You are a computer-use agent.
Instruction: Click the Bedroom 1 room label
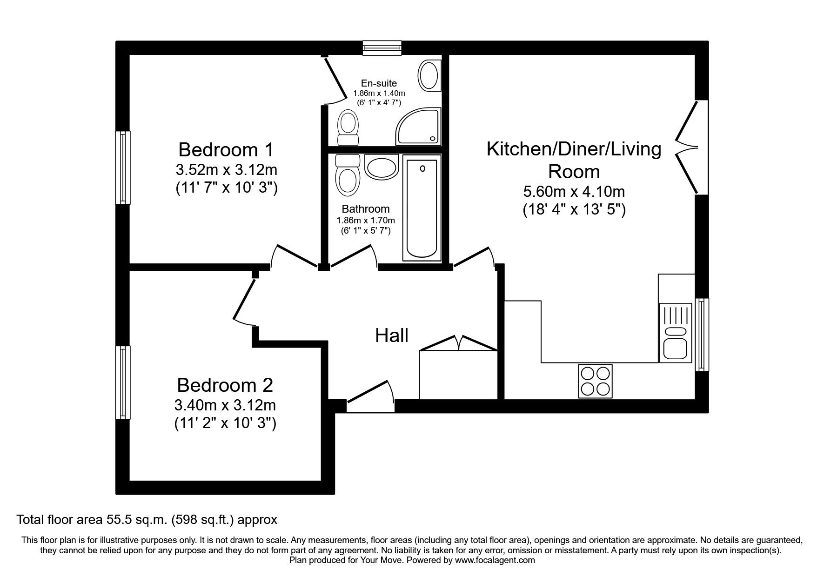pos(226,150)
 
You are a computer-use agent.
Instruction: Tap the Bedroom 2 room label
pos(225,385)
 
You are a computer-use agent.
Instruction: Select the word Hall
pos(392,335)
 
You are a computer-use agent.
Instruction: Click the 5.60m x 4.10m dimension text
pos(574,192)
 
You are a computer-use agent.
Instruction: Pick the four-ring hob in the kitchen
pos(595,381)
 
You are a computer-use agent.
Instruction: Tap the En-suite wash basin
pos(428,75)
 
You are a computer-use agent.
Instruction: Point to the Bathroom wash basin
pos(382,167)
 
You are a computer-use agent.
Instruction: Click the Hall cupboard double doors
pos(458,343)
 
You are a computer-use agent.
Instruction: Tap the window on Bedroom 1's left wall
pos(123,168)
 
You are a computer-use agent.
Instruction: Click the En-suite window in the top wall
pos(382,48)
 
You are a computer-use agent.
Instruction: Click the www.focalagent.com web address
pos(495,560)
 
